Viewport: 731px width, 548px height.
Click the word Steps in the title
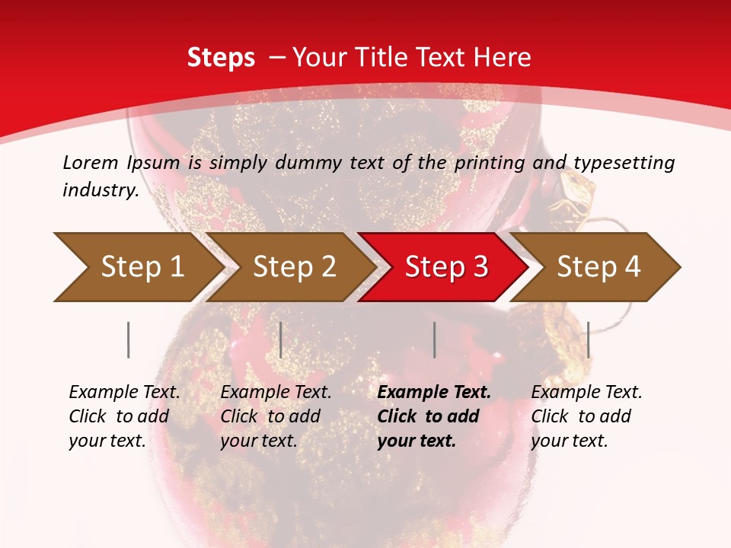click(221, 58)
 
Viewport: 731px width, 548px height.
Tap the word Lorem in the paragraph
click(90, 162)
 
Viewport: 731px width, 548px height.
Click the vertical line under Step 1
click(129, 339)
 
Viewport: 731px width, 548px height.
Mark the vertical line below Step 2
click(281, 339)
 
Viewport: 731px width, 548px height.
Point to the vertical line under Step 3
click(434, 339)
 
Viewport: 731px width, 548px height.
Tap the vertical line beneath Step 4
click(588, 339)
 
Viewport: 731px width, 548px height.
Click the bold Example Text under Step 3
click(434, 393)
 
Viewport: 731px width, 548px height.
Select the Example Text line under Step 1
click(124, 393)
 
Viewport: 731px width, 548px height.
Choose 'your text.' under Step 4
click(569, 441)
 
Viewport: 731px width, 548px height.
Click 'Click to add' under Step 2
click(270, 417)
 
